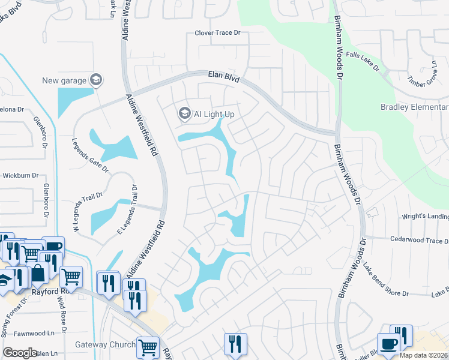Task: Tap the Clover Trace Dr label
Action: (x=221, y=34)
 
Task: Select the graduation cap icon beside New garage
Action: (x=95, y=80)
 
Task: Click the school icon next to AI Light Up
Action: (x=184, y=113)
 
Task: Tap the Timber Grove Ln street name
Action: (x=424, y=74)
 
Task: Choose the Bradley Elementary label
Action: (x=414, y=107)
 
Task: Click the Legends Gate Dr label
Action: (x=90, y=156)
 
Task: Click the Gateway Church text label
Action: (x=105, y=344)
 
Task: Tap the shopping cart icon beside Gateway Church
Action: (x=147, y=346)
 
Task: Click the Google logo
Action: (x=20, y=352)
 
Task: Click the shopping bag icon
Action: (x=38, y=274)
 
